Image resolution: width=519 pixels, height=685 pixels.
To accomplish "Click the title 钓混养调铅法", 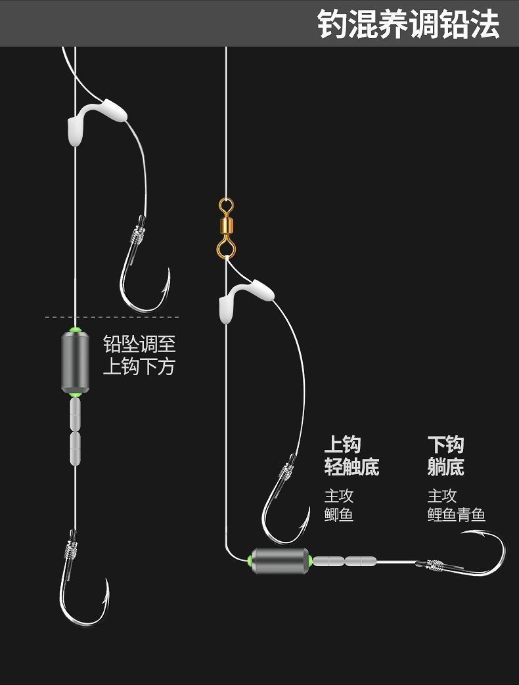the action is tap(408, 24).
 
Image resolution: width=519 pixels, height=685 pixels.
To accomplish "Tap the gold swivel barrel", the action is tap(225, 227).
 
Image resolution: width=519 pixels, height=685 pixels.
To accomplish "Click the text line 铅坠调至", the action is tap(139, 343).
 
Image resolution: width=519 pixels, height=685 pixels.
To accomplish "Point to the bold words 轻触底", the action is tap(351, 467).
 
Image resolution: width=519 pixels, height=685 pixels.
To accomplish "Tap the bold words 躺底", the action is tap(445, 467).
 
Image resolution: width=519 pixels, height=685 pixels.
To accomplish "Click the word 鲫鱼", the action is tap(339, 514).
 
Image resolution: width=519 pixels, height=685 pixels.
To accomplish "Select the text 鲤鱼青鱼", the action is tap(456, 514).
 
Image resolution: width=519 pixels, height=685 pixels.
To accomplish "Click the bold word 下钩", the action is tap(445, 445).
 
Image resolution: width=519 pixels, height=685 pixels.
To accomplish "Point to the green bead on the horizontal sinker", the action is tap(250, 560).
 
